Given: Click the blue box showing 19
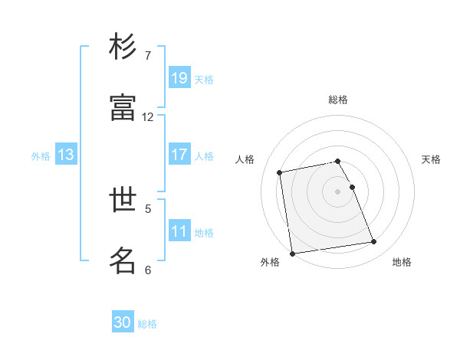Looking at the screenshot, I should point(179,78).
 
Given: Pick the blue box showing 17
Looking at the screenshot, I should point(179,155).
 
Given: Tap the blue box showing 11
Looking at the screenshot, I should point(179,231).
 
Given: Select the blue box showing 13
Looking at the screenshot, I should point(66,155).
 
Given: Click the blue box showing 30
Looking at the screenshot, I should point(123,323).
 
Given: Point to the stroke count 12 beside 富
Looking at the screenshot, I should point(148,117).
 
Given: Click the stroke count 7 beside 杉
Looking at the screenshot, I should point(148,56).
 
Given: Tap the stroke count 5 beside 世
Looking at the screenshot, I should point(148,208).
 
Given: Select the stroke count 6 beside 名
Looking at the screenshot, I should point(148,270).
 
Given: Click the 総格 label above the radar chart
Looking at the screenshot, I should point(338,100).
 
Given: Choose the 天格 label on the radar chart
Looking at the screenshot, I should point(431,159).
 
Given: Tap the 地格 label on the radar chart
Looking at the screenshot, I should point(402,263).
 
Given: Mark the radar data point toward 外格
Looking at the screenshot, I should point(292,254).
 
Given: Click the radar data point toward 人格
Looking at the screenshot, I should point(280,172).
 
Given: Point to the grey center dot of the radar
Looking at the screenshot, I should point(338,191).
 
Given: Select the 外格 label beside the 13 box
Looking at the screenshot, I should point(41,156).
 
